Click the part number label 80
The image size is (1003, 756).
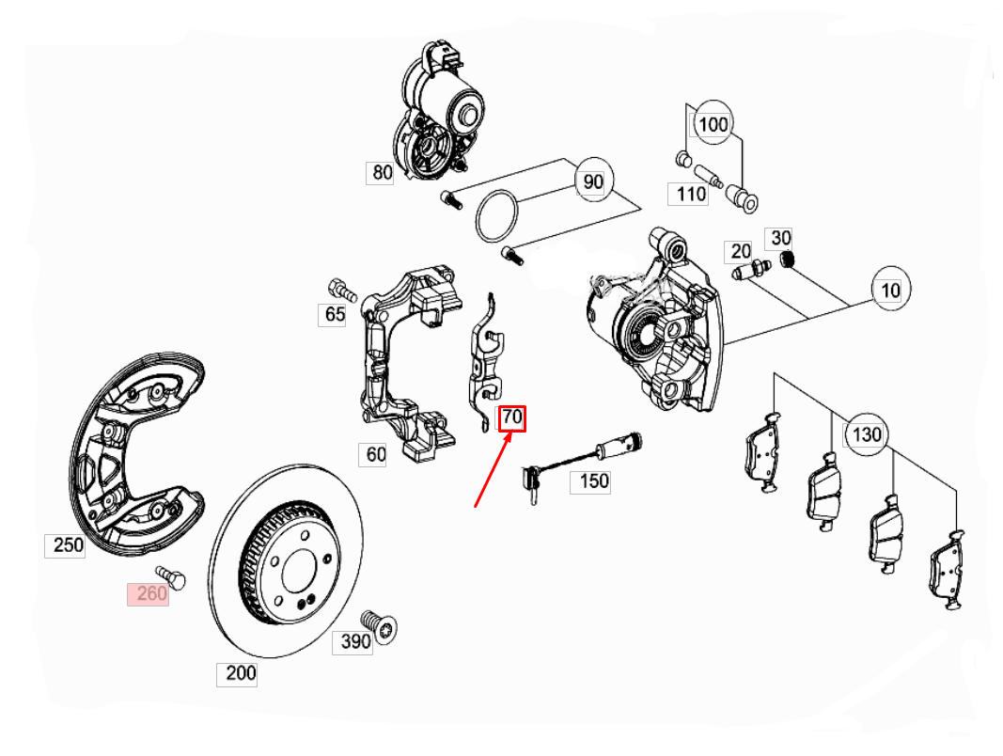380,172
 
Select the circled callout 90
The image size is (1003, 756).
593,181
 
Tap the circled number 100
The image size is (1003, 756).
713,123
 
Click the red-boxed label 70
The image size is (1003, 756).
512,417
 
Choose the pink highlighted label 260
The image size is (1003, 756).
149,593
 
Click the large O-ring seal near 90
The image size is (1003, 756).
496,216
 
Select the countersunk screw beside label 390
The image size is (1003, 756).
384,626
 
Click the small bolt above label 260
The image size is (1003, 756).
169,574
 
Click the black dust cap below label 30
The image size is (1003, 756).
790,260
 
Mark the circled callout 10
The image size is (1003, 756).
890,291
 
